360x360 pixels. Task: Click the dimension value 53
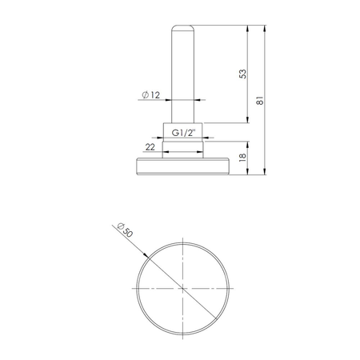coord(243,74)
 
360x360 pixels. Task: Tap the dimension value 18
coord(243,158)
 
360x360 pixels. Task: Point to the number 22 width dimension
coord(150,148)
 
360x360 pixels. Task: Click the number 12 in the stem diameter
coord(155,96)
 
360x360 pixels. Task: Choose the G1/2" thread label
coord(183,133)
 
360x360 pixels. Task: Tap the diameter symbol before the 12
coord(144,96)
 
